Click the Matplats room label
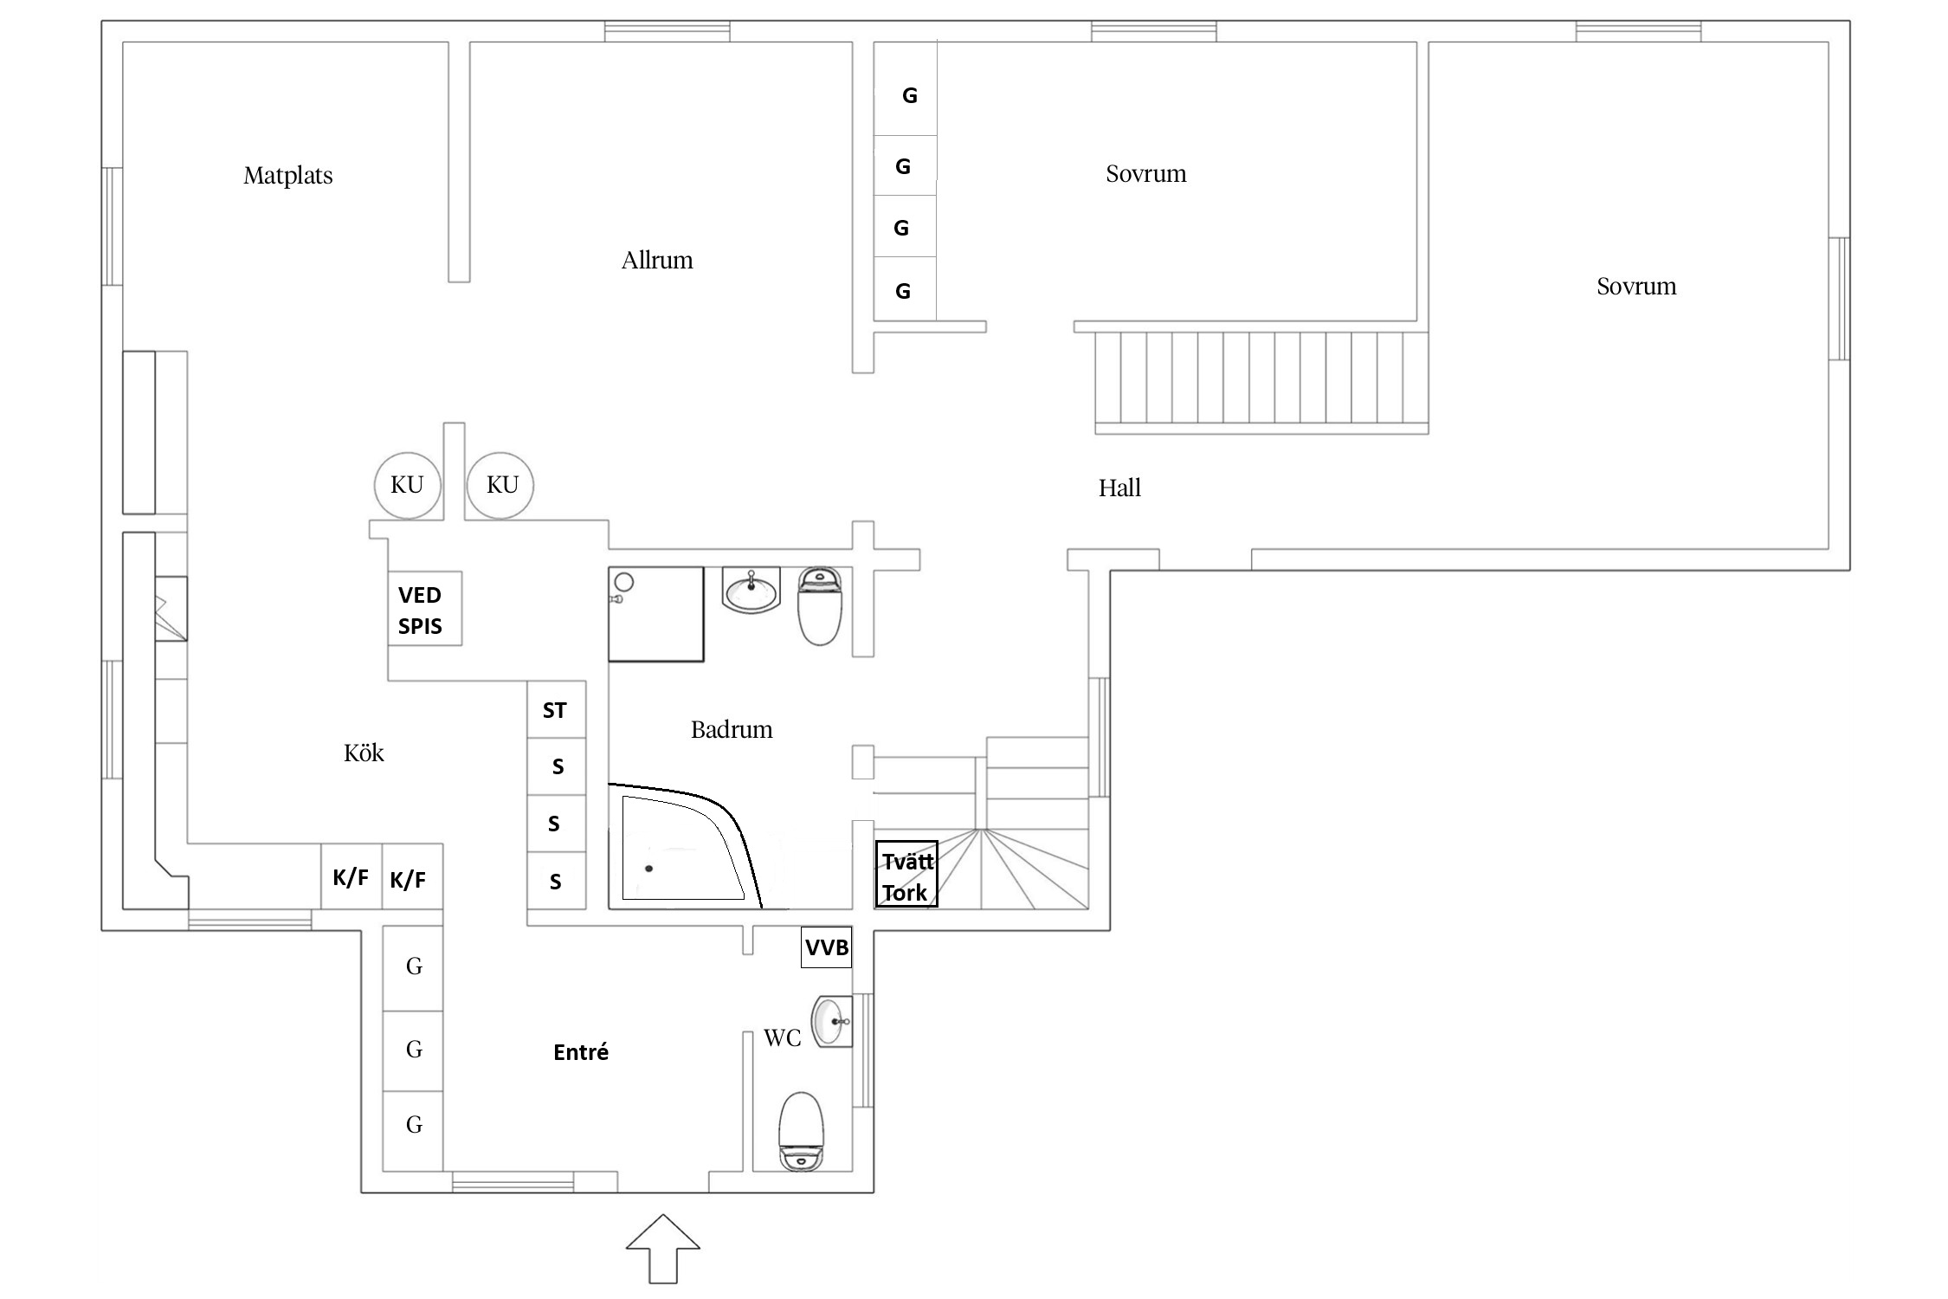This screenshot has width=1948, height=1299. click(287, 176)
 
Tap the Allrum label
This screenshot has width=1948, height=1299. click(657, 260)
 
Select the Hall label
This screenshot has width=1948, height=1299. click(1119, 488)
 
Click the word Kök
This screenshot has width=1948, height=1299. click(364, 753)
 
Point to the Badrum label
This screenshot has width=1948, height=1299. click(732, 729)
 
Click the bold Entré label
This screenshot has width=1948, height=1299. click(581, 1052)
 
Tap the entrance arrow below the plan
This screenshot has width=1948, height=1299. click(662, 1249)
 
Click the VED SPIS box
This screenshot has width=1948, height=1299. click(424, 609)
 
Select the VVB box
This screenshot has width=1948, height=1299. click(826, 947)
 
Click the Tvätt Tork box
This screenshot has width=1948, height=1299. click(906, 875)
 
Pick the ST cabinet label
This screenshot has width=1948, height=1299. click(554, 711)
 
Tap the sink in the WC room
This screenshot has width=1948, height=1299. click(832, 1021)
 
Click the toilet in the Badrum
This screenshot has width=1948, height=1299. click(819, 606)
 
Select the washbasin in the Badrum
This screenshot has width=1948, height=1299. click(751, 591)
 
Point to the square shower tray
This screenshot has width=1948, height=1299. click(656, 614)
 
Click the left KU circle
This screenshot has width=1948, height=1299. click(407, 485)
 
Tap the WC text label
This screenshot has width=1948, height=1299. click(783, 1038)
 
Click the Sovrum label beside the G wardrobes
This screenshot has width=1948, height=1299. click(1145, 174)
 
